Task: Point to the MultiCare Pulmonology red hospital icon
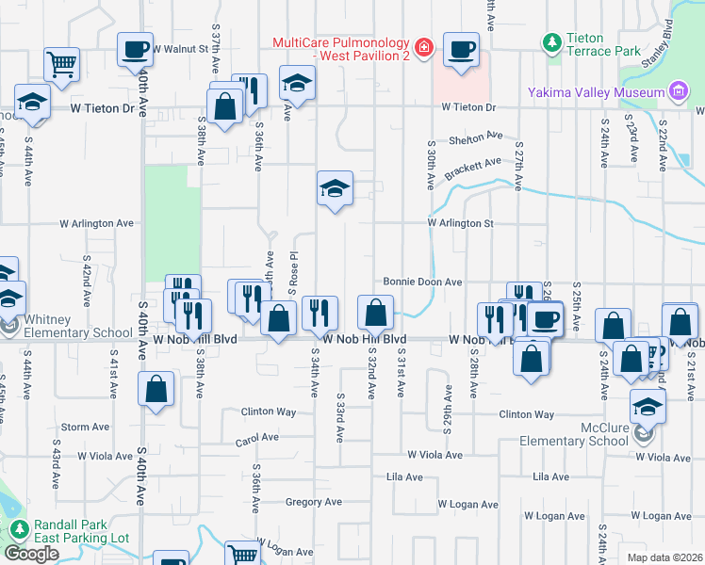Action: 424,46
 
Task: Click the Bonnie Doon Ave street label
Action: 422,282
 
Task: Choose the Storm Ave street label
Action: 86,427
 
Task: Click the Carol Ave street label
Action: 256,439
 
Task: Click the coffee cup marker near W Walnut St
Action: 135,48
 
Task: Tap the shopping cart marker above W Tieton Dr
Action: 61,64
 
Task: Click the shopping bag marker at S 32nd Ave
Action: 375,311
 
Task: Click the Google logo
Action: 31,554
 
